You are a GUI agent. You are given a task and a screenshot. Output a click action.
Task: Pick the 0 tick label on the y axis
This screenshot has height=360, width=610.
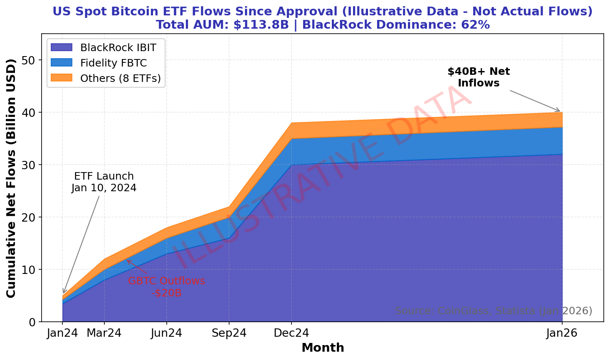(32, 322)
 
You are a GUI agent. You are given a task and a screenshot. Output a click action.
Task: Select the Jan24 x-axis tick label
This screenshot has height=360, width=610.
(62, 333)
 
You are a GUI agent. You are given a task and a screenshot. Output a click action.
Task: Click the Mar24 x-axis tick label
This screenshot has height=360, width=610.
(104, 333)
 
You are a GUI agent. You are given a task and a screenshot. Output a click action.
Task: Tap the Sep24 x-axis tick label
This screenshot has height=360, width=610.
(229, 333)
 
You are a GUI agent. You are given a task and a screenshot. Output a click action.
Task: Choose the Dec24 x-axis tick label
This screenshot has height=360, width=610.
(291, 333)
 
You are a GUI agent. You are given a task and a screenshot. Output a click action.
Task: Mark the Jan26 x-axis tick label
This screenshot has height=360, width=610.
(562, 333)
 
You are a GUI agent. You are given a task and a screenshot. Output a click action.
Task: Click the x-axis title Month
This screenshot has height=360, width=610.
(323, 348)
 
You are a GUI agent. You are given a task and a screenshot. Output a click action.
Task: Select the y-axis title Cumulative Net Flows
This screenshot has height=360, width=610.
(11, 178)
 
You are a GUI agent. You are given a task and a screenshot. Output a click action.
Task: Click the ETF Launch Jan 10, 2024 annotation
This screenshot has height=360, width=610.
(104, 182)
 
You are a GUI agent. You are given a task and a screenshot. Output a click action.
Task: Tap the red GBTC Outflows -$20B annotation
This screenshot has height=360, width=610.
(166, 287)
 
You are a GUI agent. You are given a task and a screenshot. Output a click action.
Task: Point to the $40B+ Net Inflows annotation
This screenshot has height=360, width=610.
(479, 77)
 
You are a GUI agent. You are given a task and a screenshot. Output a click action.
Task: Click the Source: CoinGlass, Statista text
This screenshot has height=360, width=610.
(493, 311)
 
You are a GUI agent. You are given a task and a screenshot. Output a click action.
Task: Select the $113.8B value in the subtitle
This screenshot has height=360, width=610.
(261, 25)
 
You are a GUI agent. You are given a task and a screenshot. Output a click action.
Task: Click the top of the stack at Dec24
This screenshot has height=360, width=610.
(291, 123)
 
